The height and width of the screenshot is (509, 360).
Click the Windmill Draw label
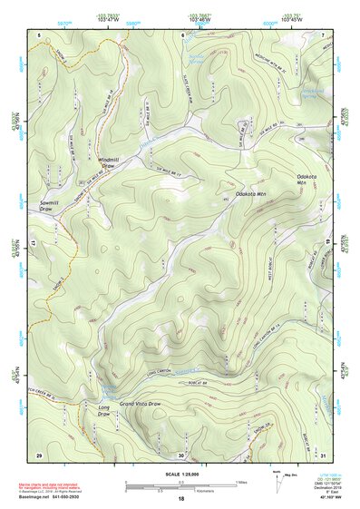[x=109, y=163]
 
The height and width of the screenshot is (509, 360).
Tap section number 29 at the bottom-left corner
[x=38, y=454]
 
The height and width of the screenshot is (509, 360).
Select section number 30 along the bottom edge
[x=181, y=454]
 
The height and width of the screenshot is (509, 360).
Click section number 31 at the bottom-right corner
[x=324, y=454]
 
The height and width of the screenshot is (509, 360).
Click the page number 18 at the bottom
[x=181, y=499]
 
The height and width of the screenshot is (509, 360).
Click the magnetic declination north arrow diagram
[x=277, y=482]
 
